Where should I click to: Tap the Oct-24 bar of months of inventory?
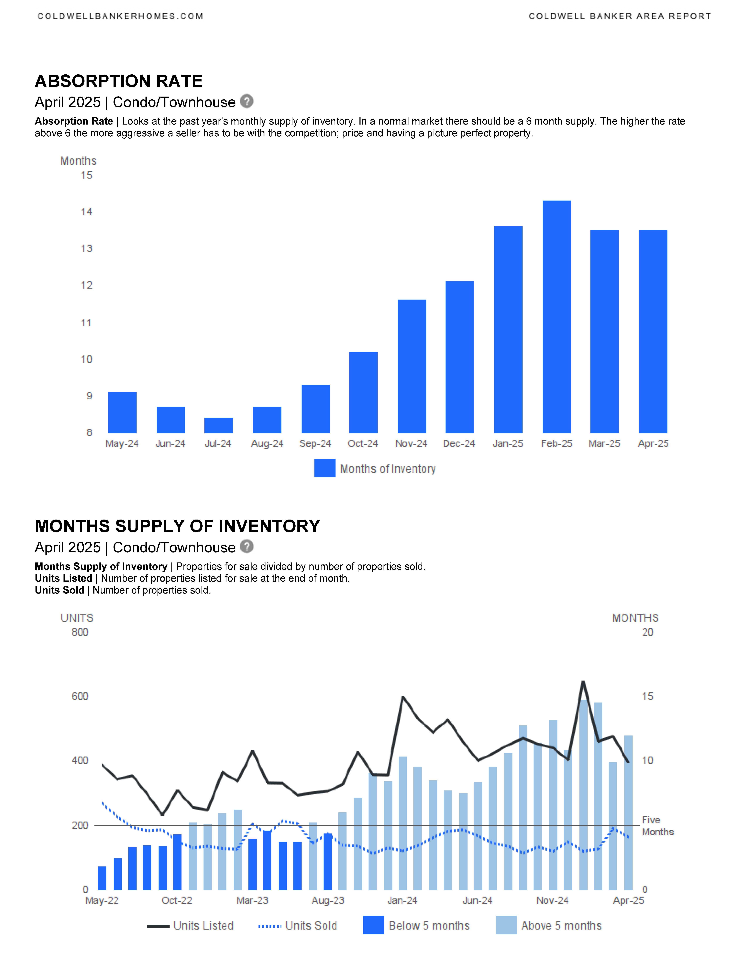tap(363, 392)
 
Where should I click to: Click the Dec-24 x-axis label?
tap(459, 444)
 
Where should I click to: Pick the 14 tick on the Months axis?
tap(86, 212)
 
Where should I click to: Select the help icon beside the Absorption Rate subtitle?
tap(247, 101)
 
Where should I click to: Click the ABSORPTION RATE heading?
tap(119, 81)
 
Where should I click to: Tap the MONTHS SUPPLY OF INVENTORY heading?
tap(177, 526)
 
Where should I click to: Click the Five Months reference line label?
tap(658, 826)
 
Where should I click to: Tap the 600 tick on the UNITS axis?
tap(80, 696)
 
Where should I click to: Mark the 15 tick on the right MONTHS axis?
tap(647, 696)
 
